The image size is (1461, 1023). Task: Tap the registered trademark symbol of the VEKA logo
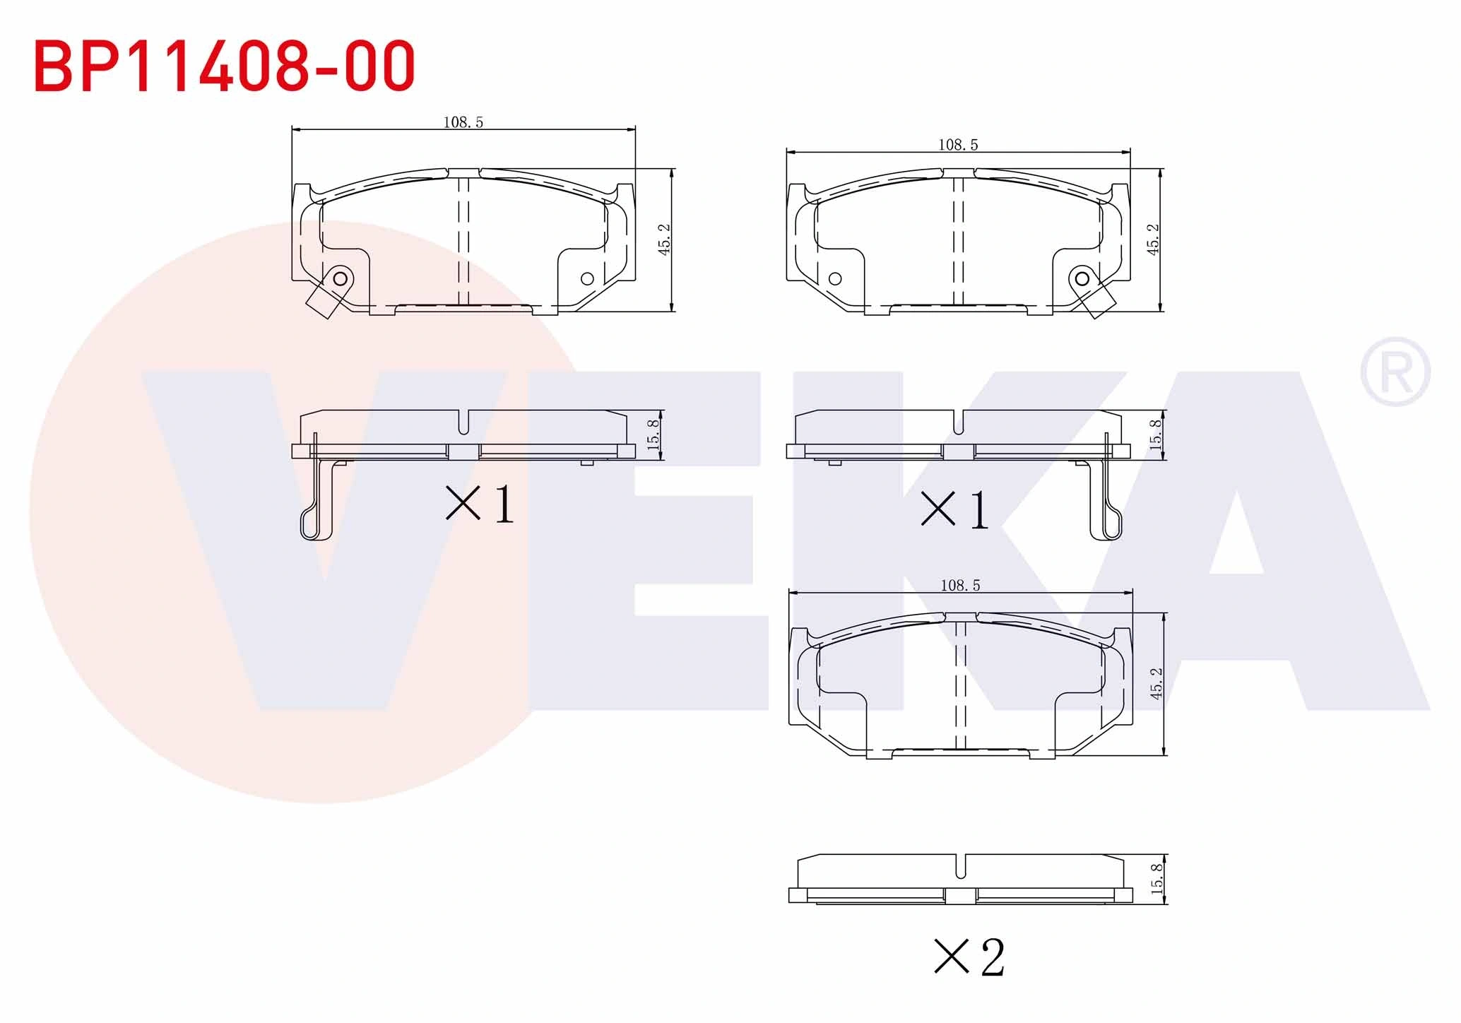1395,372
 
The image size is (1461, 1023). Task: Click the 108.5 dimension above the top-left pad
463,122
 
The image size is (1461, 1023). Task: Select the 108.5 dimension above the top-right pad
958,145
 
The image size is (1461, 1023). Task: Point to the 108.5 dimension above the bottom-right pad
960,586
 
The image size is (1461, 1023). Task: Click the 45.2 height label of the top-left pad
664,239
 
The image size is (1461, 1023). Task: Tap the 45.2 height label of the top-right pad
1153,239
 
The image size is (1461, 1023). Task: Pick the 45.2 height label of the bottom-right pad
1156,683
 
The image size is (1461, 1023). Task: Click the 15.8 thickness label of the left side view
653,434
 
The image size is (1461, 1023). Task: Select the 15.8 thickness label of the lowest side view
1157,879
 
